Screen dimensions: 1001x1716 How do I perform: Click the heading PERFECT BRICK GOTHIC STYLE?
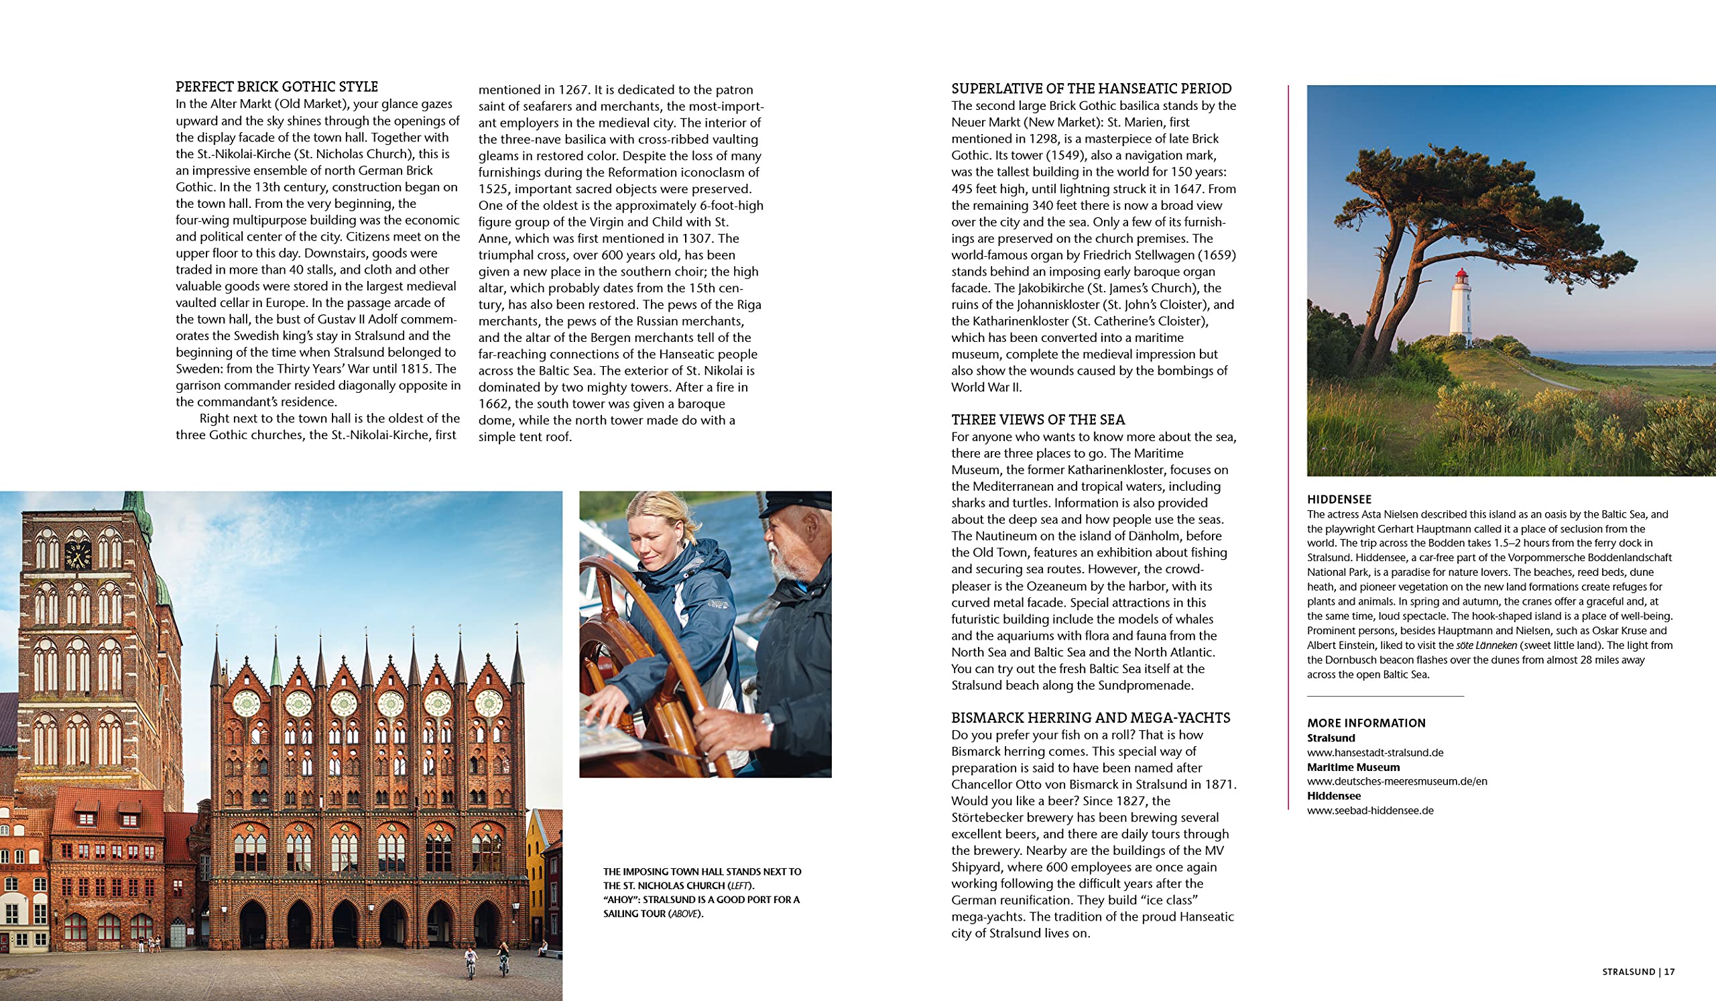pos(276,87)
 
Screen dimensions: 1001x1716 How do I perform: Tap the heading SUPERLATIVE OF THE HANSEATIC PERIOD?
pos(1091,89)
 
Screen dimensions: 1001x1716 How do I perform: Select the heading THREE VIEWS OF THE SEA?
pos(1038,420)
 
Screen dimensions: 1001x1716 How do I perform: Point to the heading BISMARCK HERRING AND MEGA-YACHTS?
pos(1090,717)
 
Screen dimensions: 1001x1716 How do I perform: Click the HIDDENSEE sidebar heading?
pos(1339,499)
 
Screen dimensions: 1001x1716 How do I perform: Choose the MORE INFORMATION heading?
pos(1366,723)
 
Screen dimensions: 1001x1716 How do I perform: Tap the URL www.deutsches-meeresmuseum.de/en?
pos(1397,781)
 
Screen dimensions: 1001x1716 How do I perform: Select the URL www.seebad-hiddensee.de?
pos(1370,811)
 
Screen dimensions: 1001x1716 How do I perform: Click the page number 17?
pos(1670,971)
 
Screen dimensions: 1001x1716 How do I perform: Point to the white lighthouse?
pos(1461,306)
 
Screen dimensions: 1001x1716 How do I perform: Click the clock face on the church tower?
pos(78,554)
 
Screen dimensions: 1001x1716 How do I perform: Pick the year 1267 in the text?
pos(572,90)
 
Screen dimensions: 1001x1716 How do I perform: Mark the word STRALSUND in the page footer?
pos(1628,971)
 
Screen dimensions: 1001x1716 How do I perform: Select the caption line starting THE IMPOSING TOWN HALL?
pos(702,872)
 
